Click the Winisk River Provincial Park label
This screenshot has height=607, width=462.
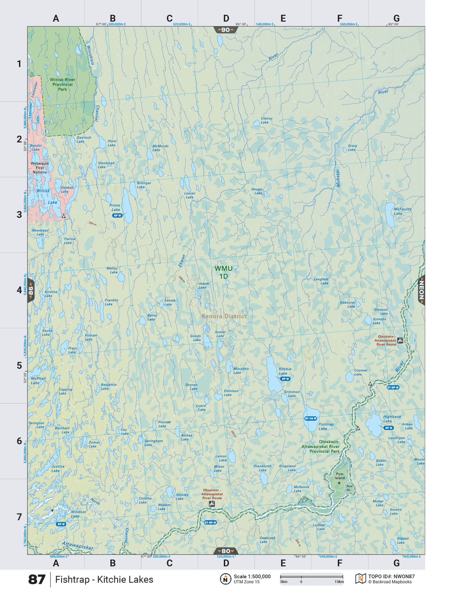click(62, 84)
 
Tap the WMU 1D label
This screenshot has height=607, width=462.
click(223, 272)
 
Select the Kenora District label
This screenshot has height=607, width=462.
click(223, 316)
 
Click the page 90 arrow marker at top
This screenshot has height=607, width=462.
click(226, 30)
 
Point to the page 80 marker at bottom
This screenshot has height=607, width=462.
click(226, 551)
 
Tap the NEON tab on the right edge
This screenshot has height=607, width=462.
click(421, 290)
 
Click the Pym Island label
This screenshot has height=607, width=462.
click(339, 476)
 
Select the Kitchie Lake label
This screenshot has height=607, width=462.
click(285, 371)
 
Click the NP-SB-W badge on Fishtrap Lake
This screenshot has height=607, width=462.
click(311, 418)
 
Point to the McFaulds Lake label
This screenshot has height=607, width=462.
click(402, 211)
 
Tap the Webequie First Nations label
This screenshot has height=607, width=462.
click(40, 167)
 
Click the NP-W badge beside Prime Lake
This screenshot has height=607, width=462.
click(117, 215)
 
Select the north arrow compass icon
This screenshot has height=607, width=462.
click(225, 579)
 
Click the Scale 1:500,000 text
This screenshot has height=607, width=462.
click(252, 577)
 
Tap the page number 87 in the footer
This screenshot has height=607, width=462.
click(37, 580)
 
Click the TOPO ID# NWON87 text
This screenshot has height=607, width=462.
click(391, 577)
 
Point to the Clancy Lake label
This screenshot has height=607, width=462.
click(266, 120)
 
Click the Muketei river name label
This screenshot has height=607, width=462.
click(337, 178)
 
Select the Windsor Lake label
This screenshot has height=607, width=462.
click(78, 514)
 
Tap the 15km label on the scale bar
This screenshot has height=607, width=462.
click(339, 582)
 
